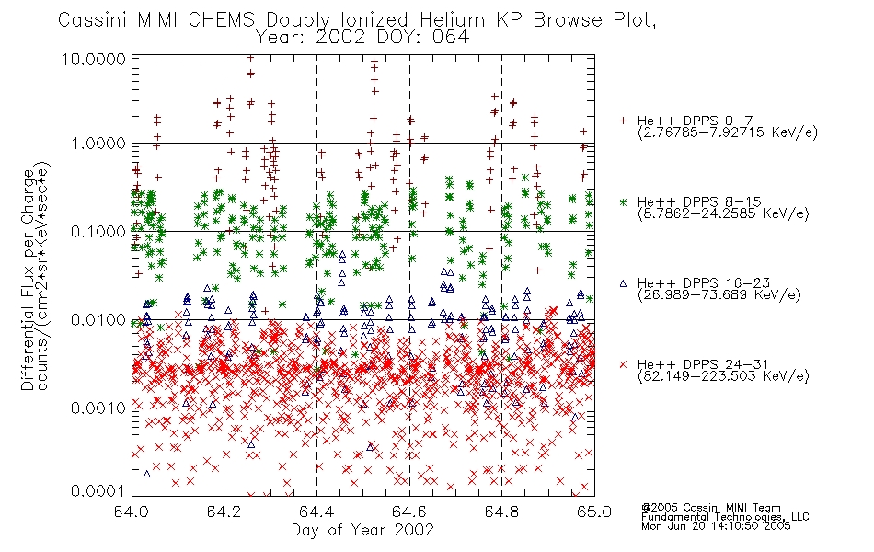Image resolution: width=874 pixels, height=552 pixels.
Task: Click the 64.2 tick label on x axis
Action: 224,512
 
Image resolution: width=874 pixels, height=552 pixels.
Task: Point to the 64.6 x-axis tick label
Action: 409,512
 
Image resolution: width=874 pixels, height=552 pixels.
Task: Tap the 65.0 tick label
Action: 594,512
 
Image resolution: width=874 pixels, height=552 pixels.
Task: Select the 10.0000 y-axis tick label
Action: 94,59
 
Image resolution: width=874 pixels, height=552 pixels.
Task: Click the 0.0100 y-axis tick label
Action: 98,320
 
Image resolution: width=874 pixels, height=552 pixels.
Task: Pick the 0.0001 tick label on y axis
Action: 98,490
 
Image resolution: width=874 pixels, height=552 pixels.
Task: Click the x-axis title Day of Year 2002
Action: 362,530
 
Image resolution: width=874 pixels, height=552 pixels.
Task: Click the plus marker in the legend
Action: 623,121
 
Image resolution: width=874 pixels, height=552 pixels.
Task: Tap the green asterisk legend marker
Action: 623,201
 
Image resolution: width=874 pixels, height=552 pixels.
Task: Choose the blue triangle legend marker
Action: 623,283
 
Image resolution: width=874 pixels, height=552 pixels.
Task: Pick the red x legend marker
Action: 623,364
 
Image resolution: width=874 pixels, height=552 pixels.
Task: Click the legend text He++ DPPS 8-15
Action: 699,201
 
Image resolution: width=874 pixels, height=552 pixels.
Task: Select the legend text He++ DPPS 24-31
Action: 703,364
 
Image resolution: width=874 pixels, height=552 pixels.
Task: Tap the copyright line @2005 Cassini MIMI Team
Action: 711,508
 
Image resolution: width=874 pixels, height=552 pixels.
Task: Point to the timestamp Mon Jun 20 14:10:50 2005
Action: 716,526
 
